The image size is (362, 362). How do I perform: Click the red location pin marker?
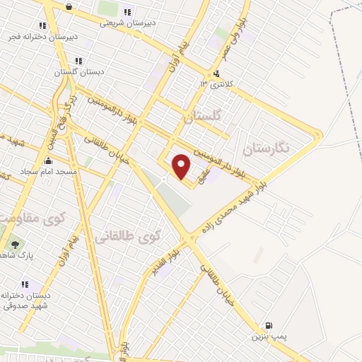pos(182,166)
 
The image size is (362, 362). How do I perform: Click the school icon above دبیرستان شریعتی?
pos(127,11)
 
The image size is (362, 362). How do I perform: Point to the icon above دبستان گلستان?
pos(77,61)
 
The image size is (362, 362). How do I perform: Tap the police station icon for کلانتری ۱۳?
pos(215,74)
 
